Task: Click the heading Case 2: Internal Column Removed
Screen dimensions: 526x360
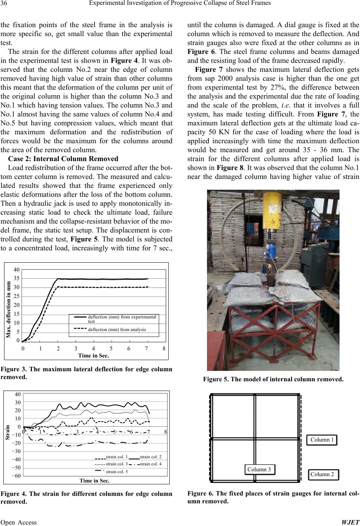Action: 63,159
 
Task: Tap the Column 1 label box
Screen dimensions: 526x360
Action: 322,440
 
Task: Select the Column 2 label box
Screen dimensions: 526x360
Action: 322,474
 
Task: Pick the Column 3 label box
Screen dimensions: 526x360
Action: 259,469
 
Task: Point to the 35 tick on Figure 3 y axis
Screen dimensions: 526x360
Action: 16,278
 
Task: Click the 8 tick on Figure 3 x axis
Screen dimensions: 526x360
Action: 164,349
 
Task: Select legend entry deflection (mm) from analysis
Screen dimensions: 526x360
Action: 117,330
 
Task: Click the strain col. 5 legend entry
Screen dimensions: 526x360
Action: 117,472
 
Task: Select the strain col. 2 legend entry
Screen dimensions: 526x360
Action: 150,457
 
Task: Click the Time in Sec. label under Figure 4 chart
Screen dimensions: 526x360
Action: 95,481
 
